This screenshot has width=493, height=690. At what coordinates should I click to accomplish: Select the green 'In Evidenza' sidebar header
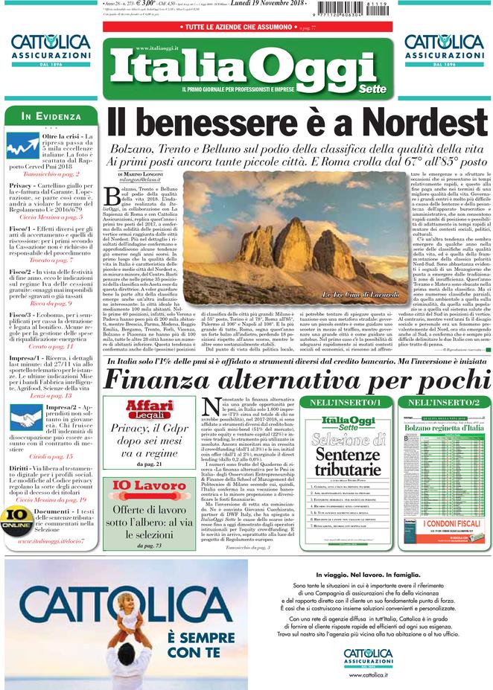51,117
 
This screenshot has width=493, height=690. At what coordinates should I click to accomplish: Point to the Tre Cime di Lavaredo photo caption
349,296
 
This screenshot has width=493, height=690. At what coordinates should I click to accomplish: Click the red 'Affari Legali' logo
149,409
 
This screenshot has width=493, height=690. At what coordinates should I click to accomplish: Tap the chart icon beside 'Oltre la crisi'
22,144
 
